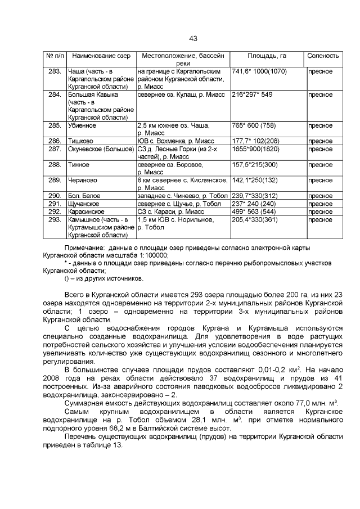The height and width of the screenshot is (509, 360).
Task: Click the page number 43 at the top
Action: click(193, 39)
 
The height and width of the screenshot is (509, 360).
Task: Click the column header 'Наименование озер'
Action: click(101, 56)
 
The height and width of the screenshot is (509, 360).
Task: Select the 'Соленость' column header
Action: click(323, 56)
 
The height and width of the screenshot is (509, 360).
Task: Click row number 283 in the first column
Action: click(55, 71)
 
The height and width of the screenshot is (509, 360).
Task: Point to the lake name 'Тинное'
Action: click(78, 165)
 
